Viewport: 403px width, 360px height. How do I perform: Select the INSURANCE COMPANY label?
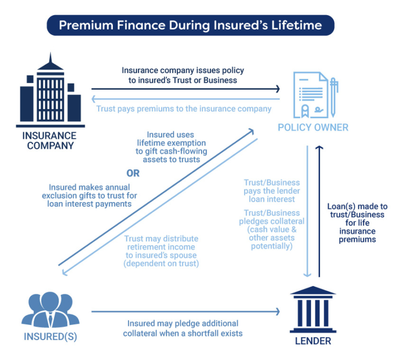pyautogui.click(x=49, y=140)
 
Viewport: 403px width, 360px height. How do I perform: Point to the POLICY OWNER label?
pyautogui.click(x=313, y=128)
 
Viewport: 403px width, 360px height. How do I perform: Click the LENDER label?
pyautogui.click(x=313, y=341)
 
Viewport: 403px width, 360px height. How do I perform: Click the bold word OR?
pyautogui.click(x=133, y=174)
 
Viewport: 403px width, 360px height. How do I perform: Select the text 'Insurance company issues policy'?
pyautogui.click(x=183, y=70)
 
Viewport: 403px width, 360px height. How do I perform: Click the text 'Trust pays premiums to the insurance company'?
pyautogui.click(x=184, y=109)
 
